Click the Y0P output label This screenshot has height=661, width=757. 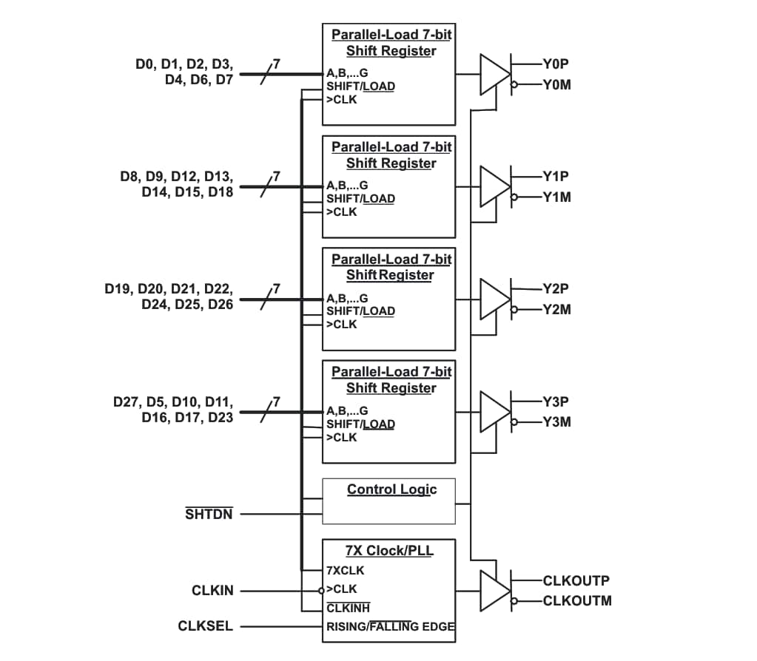coord(555,64)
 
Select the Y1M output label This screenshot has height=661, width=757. coord(556,197)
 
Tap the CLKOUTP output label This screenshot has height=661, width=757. coord(576,581)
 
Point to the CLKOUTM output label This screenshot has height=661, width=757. coord(577,600)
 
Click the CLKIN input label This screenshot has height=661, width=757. coord(212,591)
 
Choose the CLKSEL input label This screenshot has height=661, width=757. coord(206,626)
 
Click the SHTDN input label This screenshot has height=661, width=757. coord(209,514)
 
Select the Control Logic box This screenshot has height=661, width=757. coord(388,501)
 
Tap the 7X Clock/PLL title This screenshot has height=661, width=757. coord(389,551)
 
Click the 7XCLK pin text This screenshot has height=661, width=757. coord(345,571)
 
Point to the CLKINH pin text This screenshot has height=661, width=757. coord(348,609)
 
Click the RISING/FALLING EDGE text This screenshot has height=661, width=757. coord(390,627)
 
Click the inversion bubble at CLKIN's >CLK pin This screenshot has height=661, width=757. coord(321,591)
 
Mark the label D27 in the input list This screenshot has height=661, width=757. coord(127,402)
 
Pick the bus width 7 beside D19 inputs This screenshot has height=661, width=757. coord(276,288)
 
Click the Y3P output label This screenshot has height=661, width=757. coord(556,402)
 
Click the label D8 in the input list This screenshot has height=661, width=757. coord(130,177)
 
